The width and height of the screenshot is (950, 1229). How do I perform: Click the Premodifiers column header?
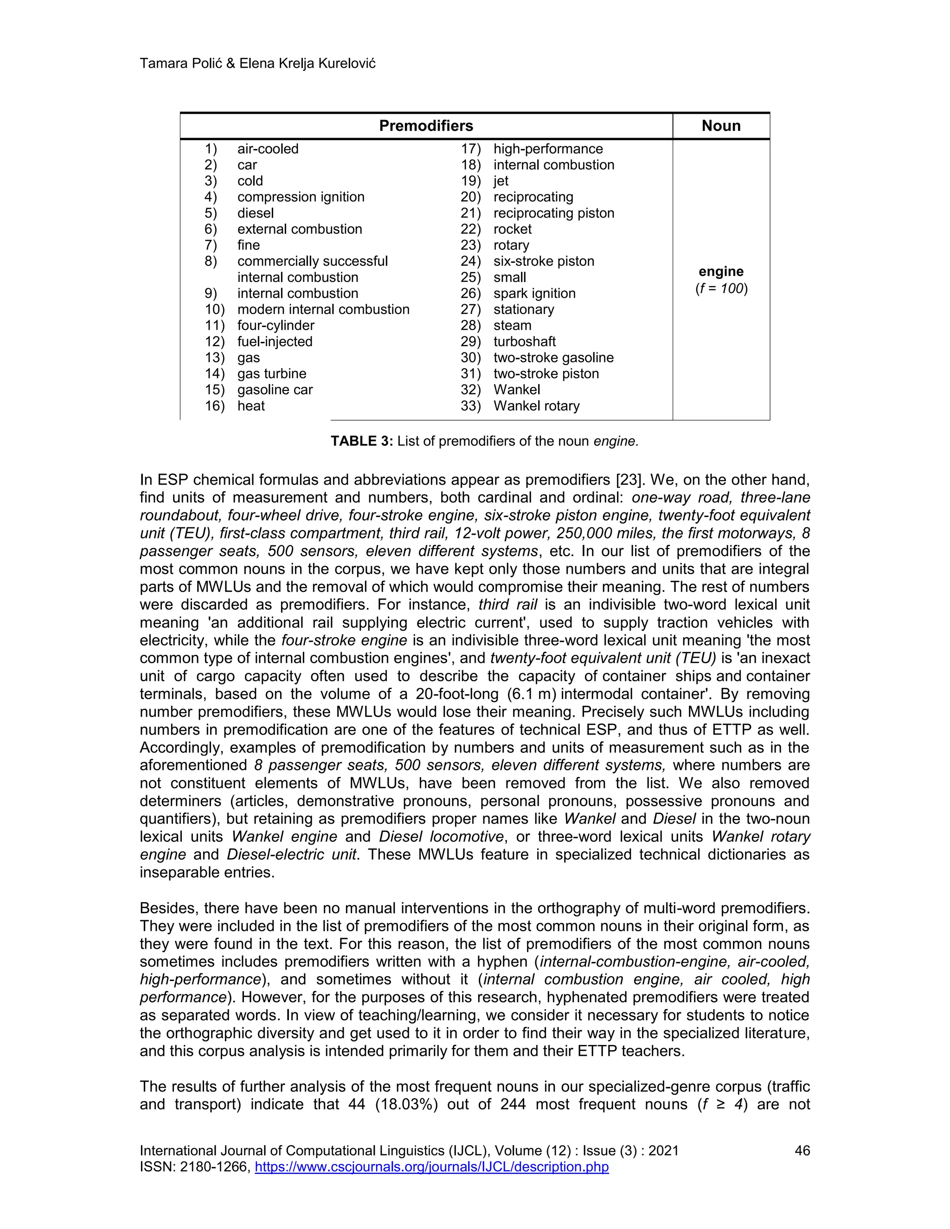(426, 126)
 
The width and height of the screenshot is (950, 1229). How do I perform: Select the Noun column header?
(720, 126)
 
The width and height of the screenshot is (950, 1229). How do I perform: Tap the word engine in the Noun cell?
(721, 272)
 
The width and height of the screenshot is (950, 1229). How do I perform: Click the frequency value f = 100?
(721, 288)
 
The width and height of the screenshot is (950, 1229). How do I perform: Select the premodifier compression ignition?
(301, 197)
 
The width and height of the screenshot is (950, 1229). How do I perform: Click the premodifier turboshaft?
(524, 342)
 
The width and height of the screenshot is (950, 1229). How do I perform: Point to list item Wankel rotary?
(536, 406)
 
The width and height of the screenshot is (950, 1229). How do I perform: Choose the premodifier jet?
(501, 181)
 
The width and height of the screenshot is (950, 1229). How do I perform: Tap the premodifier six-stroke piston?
(543, 261)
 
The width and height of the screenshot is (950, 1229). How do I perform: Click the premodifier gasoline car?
(275, 390)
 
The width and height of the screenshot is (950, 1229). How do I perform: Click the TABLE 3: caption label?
(361, 441)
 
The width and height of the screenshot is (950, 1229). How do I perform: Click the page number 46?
(802, 1151)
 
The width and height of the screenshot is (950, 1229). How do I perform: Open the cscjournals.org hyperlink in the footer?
(432, 1167)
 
